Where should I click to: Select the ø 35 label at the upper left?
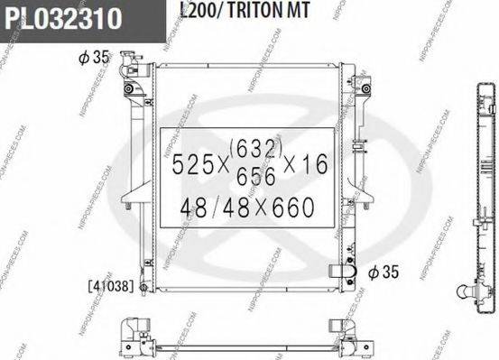pos(93,58)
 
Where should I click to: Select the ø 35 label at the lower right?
pos(383,270)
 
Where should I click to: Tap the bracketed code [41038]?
pos(110,287)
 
